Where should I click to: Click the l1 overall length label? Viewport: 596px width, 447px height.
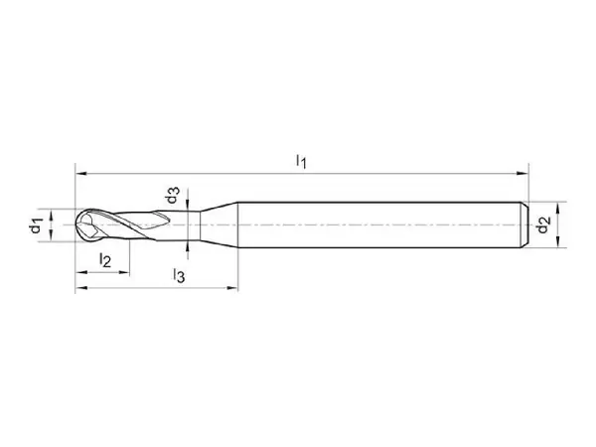point(301,162)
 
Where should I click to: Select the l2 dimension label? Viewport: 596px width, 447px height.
point(105,260)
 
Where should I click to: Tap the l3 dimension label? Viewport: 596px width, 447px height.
point(179,275)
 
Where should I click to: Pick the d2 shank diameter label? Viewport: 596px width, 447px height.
point(543,224)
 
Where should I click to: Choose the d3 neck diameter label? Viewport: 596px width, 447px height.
point(172,196)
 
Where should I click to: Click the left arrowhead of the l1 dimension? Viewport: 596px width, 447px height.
point(81,174)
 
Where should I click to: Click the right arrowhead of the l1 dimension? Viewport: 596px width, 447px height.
point(522,174)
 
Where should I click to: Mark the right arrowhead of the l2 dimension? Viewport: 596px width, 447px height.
point(124,272)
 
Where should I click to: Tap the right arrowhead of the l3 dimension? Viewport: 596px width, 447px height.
point(231,288)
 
